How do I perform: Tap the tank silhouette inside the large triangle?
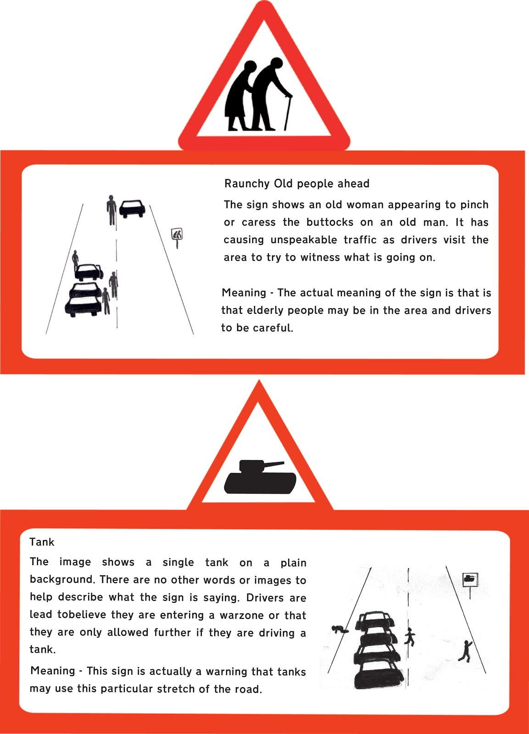click(260, 479)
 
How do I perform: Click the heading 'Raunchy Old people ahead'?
click(297, 183)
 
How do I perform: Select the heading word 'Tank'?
click(42, 542)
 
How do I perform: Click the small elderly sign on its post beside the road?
click(177, 234)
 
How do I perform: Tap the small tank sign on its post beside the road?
click(470, 579)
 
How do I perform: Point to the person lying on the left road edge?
click(340, 629)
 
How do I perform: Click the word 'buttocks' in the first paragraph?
click(330, 222)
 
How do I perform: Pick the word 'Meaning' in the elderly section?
click(244, 293)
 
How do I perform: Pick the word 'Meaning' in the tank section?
click(53, 671)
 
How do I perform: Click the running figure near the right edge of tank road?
click(466, 651)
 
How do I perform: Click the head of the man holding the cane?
click(276, 64)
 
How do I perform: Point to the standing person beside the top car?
click(111, 210)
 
